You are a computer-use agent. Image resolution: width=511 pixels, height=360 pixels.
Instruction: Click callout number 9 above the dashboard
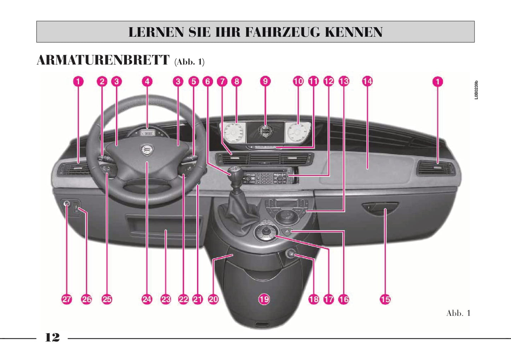tap(265, 81)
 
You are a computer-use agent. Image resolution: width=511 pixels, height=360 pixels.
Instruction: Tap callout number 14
tap(367, 81)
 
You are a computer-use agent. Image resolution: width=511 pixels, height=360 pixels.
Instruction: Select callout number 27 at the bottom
tap(66, 300)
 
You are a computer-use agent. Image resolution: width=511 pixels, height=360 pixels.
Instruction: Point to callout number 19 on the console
tap(264, 300)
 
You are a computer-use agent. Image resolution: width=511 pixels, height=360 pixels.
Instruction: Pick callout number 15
tap(385, 300)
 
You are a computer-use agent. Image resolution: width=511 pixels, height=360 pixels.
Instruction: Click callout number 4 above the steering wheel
tap(147, 81)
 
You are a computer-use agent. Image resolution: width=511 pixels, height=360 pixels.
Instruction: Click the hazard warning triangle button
tap(287, 232)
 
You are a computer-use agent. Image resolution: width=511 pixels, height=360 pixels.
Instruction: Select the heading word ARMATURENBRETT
tap(103, 60)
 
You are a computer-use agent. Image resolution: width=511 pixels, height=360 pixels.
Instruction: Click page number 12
tap(52, 337)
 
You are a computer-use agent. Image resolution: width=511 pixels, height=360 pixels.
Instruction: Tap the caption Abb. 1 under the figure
tap(458, 313)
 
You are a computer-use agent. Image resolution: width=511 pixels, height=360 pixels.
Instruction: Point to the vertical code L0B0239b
tap(476, 90)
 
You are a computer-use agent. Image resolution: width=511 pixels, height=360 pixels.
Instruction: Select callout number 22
tap(183, 300)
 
